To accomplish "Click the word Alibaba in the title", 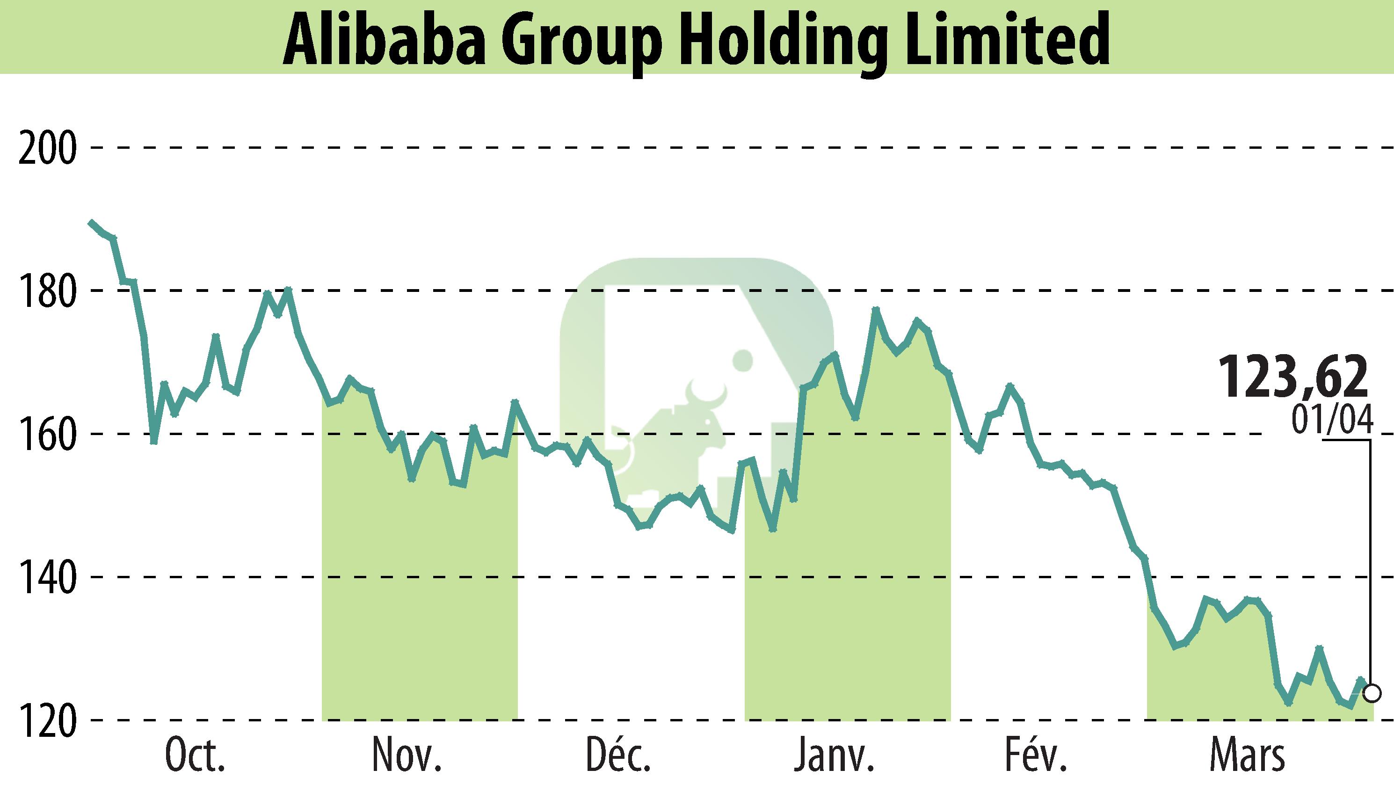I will tap(385, 41).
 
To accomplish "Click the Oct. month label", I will tap(195, 756).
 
